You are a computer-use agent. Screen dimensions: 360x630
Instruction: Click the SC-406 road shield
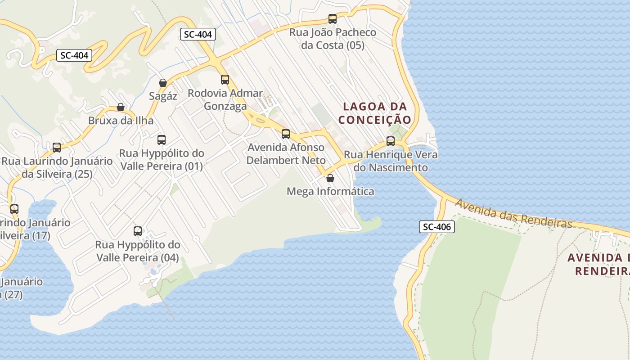(x=437, y=227)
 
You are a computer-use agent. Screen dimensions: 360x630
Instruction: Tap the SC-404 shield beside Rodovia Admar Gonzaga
(x=198, y=34)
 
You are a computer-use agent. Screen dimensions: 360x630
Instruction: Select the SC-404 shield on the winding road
(x=74, y=56)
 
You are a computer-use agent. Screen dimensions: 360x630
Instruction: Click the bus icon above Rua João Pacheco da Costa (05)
(x=333, y=19)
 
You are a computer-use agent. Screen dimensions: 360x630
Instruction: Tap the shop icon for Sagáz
(x=163, y=83)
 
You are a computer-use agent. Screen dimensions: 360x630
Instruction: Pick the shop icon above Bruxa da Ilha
(x=121, y=107)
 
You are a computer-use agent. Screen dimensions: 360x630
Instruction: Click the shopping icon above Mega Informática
(x=330, y=178)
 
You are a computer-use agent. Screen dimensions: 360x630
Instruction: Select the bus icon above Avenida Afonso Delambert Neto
(x=286, y=134)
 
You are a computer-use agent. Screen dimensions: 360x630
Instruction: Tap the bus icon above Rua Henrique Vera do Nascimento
(x=391, y=141)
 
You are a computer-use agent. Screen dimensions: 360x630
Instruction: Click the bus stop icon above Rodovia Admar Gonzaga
(x=225, y=80)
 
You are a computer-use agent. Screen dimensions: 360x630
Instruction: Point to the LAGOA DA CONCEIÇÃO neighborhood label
(x=375, y=113)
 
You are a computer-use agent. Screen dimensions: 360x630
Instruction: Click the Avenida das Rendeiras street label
(x=513, y=214)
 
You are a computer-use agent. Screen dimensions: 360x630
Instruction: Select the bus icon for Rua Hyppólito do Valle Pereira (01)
(x=162, y=139)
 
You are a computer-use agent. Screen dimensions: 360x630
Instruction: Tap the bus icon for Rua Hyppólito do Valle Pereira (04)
(x=138, y=231)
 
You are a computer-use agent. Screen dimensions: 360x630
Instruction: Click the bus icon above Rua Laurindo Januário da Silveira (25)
(x=57, y=147)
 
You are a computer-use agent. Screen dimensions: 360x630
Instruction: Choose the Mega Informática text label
(x=330, y=192)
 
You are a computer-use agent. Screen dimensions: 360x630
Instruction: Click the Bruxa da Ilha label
(x=121, y=121)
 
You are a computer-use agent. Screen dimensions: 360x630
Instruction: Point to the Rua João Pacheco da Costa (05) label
(x=333, y=39)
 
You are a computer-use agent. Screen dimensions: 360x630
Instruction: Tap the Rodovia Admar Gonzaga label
(x=225, y=99)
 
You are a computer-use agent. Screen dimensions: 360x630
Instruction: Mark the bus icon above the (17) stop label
(x=14, y=209)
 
